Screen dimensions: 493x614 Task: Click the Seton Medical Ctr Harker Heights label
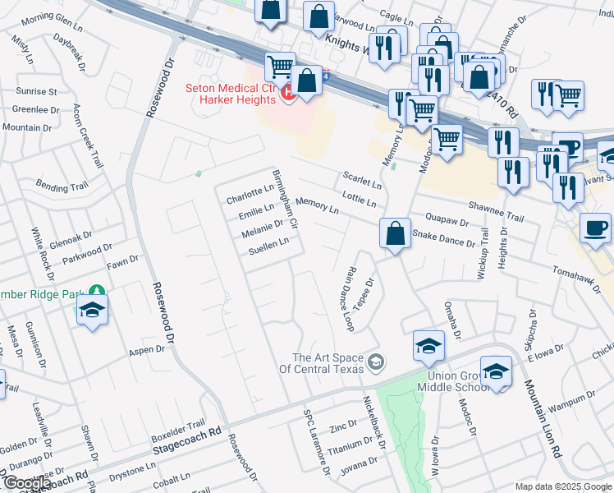click(x=231, y=94)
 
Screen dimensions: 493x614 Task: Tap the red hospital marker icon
click(x=288, y=94)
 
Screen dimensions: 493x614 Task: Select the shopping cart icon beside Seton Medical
click(x=281, y=67)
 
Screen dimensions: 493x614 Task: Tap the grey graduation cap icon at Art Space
click(x=376, y=362)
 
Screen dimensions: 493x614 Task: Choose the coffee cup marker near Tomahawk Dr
click(x=595, y=228)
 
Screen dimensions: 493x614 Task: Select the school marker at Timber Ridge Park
click(x=92, y=311)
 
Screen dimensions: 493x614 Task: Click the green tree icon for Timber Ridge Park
click(x=97, y=290)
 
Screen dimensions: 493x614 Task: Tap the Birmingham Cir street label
click(x=284, y=200)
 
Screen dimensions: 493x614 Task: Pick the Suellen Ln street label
click(x=269, y=245)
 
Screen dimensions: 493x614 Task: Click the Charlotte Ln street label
click(x=250, y=195)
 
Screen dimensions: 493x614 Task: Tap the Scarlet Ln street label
click(x=362, y=181)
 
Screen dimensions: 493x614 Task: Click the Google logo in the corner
click(x=26, y=483)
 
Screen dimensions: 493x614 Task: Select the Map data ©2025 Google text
click(x=562, y=486)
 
